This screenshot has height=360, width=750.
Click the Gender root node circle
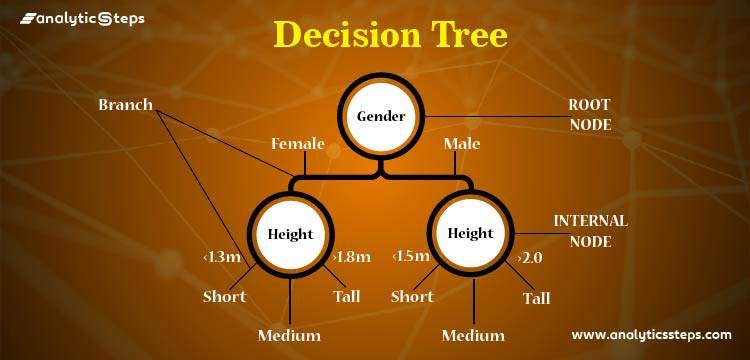(381, 116)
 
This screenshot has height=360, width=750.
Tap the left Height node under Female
(290, 234)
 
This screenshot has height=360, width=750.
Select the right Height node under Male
(471, 232)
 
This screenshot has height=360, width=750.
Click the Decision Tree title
(391, 36)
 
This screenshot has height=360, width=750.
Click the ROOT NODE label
(590, 114)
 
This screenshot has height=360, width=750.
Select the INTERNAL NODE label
(591, 231)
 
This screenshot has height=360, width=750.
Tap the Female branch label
(298, 144)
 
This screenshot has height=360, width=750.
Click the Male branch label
(462, 144)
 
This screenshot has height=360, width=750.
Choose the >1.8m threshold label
(351, 257)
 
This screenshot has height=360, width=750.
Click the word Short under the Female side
(224, 297)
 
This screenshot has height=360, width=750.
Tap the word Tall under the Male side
(536, 298)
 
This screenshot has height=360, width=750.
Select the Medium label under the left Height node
(289, 335)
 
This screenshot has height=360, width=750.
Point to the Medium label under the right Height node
(473, 335)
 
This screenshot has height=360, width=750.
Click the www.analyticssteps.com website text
(651, 335)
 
